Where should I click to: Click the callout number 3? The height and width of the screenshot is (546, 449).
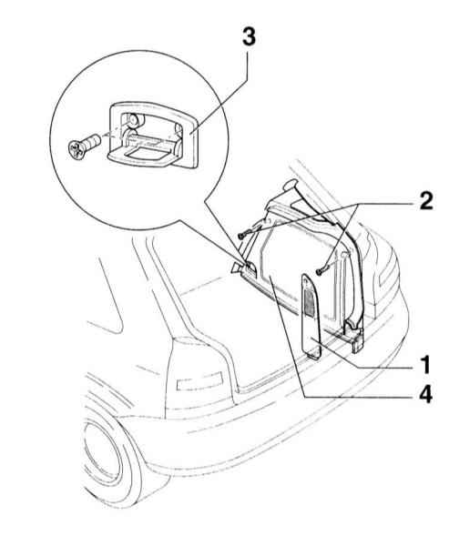[x=249, y=37]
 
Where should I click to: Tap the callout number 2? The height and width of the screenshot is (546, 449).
[x=425, y=201]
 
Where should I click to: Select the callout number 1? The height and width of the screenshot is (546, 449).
[x=425, y=365]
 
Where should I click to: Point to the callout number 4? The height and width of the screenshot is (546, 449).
[x=425, y=395]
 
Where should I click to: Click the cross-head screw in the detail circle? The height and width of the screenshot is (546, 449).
[x=84, y=147]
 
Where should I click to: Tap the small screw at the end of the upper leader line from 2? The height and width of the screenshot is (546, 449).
[x=241, y=236]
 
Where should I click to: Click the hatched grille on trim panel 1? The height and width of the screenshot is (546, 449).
[x=309, y=298]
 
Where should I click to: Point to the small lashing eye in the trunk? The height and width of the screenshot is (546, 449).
[x=250, y=268]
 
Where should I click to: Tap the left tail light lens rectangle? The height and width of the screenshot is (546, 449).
[x=199, y=379]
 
